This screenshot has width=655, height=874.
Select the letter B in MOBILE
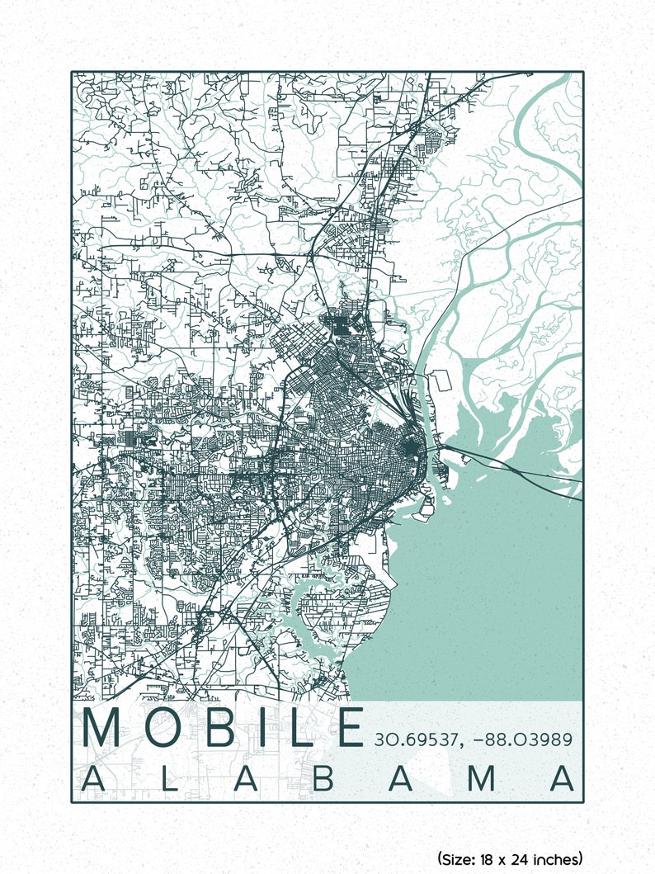tap(224, 728)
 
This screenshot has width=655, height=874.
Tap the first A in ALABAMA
tap(97, 779)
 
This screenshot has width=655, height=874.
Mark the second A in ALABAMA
tap(243, 779)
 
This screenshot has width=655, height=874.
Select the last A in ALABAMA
tap(563, 779)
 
